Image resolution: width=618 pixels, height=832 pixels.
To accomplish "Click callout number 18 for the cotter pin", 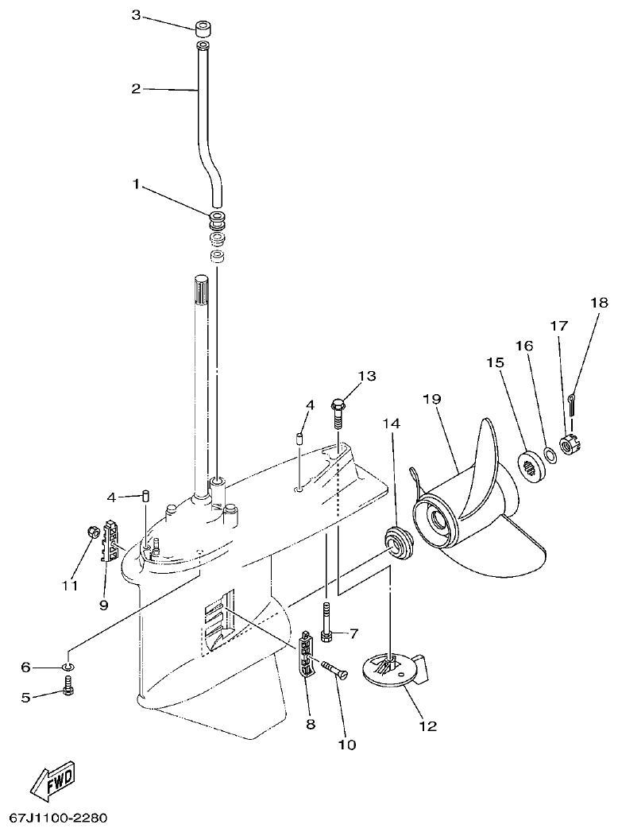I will pyautogui.click(x=598, y=302).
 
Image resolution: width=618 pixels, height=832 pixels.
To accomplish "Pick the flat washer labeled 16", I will pyautogui.click(x=548, y=455).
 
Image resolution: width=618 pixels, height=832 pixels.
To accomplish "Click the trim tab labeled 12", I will pyautogui.click(x=389, y=668).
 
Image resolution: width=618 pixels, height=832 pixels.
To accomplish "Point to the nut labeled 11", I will pyautogui.click(x=91, y=532).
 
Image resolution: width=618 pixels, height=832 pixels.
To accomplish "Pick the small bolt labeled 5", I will pyautogui.click(x=69, y=687).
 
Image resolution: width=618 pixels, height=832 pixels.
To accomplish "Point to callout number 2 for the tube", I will pyautogui.click(x=136, y=88).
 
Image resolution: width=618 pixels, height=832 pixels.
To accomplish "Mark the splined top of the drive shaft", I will pyautogui.click(x=200, y=290).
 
